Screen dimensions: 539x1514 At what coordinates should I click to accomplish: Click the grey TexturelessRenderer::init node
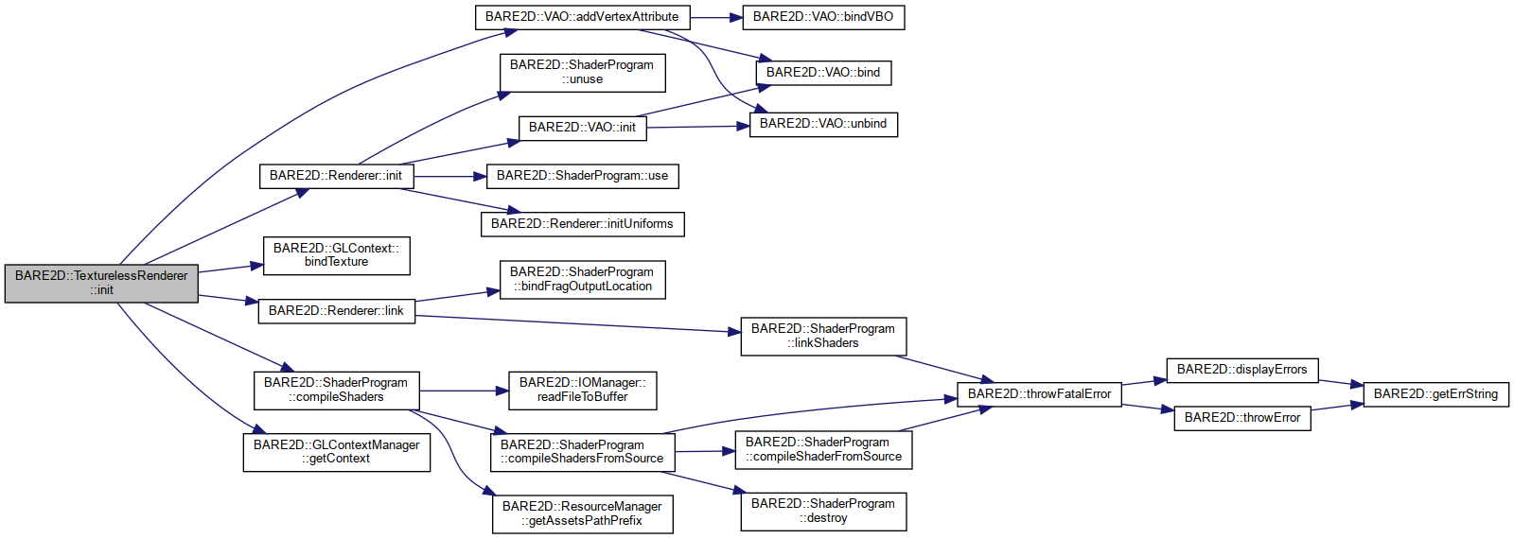click(101, 283)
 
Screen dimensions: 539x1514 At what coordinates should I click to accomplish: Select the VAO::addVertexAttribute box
click(582, 17)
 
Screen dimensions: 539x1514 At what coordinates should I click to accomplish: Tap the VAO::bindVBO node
click(823, 17)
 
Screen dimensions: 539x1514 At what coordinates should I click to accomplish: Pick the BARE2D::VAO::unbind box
click(823, 124)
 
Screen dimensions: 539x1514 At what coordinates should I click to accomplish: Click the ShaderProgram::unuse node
click(582, 72)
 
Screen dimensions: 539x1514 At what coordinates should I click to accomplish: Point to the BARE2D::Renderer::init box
click(336, 176)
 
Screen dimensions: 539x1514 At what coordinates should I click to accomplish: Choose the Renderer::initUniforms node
click(582, 224)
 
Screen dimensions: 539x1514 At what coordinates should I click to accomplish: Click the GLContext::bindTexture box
click(336, 255)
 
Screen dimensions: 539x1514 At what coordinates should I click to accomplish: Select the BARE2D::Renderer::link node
click(336, 311)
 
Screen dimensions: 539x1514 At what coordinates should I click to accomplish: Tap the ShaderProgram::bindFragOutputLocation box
click(582, 279)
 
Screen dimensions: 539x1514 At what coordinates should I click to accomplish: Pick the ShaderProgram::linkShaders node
click(823, 336)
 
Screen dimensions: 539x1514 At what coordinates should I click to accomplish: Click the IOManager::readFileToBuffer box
click(582, 390)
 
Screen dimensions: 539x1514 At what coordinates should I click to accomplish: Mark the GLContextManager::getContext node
click(336, 451)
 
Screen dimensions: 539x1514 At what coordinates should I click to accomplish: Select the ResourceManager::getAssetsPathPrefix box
click(582, 513)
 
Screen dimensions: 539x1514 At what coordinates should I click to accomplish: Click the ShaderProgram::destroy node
click(823, 511)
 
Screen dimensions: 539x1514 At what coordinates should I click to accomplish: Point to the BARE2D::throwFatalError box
click(1039, 394)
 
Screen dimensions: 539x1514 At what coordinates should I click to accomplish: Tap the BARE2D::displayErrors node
click(1241, 370)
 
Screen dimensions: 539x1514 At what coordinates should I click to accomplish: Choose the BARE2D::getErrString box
click(1435, 394)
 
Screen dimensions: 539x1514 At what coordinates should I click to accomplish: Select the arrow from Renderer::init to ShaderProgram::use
click(449, 176)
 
